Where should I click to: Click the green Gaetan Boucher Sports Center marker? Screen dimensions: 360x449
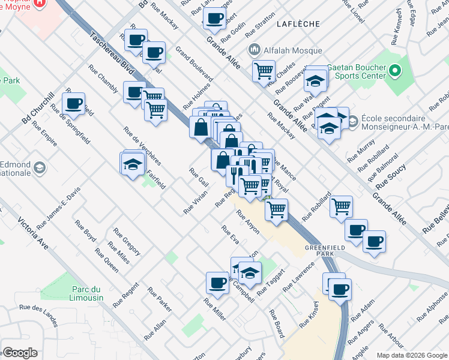tap(394, 71)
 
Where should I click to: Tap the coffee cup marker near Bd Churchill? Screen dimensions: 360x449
tap(74, 104)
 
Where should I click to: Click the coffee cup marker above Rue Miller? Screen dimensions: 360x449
tap(217, 283)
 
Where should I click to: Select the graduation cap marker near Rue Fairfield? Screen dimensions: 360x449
tap(133, 163)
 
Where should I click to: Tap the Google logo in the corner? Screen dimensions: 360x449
tap(19, 353)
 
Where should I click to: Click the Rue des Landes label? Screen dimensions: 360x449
tap(38, 316)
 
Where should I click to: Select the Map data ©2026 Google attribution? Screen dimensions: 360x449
tap(412, 355)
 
